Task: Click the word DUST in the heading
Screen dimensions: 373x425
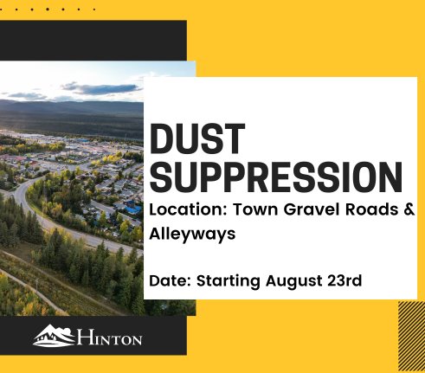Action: coord(197,140)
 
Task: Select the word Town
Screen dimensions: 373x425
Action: coord(248,209)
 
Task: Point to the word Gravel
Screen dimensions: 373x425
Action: coord(300,209)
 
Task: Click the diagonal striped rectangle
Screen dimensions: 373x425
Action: coord(410,338)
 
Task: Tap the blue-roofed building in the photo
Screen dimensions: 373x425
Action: coord(131,209)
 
